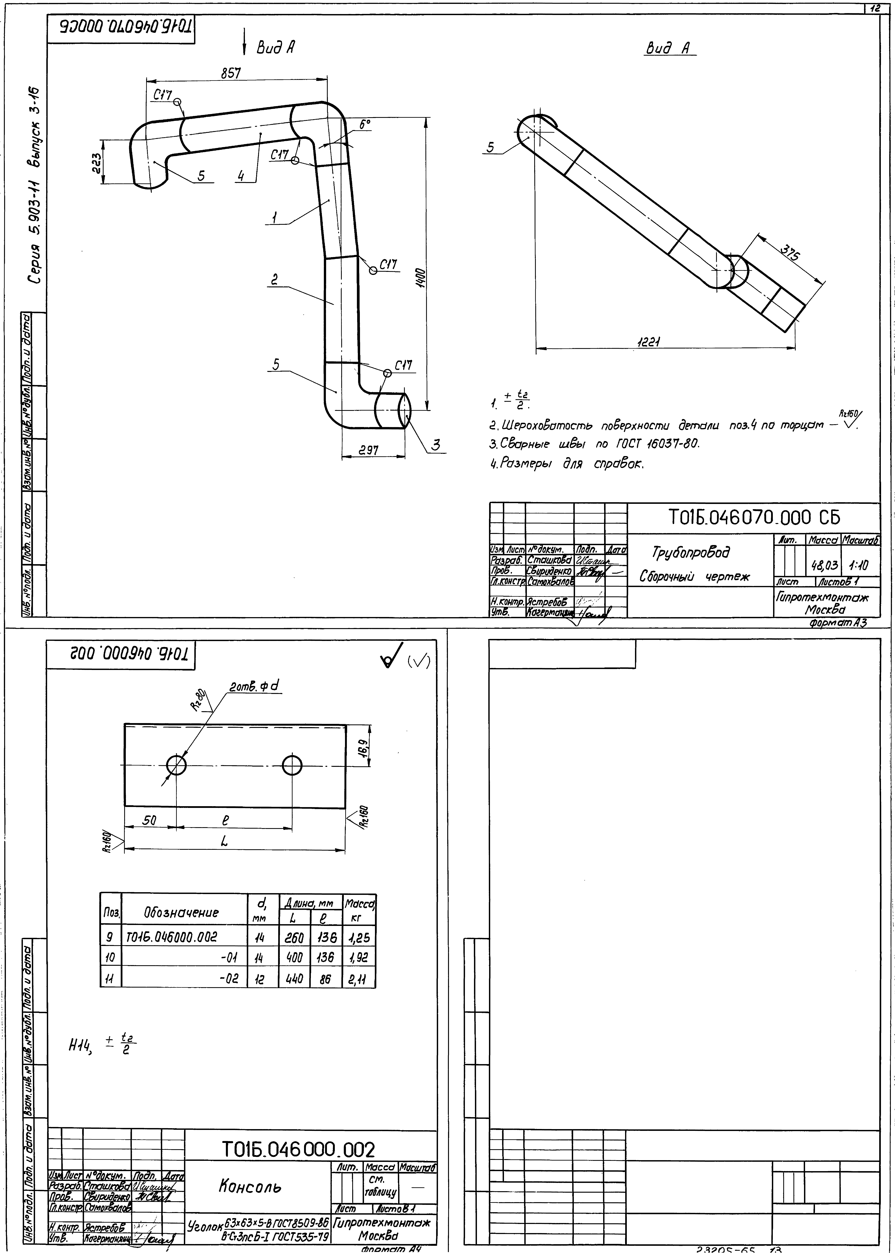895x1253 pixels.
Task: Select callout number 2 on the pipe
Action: coord(274,280)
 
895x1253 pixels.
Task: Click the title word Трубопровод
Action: coord(691,552)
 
